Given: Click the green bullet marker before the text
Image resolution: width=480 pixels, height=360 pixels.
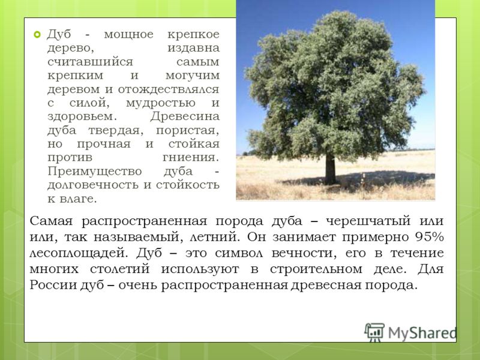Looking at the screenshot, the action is click(37, 35).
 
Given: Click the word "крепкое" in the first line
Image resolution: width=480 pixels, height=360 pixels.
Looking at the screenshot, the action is click(193, 34).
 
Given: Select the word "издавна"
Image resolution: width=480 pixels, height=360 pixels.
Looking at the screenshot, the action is click(193, 48).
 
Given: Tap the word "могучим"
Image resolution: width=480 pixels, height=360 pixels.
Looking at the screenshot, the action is click(193, 76).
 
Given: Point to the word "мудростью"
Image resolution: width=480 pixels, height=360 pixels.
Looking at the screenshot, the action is click(161, 103).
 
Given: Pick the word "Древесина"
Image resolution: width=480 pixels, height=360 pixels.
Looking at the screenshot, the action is click(185, 116).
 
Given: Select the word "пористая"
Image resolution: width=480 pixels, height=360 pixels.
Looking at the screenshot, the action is click(188, 130).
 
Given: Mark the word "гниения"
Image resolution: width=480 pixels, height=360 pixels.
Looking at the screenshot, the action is click(191, 157).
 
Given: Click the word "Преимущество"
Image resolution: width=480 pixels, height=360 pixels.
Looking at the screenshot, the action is click(95, 171).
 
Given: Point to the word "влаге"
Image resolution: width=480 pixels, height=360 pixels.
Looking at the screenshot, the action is click(79, 199).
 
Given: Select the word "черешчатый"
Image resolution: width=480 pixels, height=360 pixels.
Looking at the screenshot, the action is click(368, 221).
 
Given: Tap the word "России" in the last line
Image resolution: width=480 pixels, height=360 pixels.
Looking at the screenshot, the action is click(53, 285).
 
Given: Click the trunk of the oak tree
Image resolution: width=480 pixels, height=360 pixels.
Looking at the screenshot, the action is click(330, 169).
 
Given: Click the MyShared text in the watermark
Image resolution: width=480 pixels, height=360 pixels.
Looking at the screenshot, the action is click(422, 333).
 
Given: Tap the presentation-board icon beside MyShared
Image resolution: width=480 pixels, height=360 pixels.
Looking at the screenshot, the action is click(374, 332).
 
